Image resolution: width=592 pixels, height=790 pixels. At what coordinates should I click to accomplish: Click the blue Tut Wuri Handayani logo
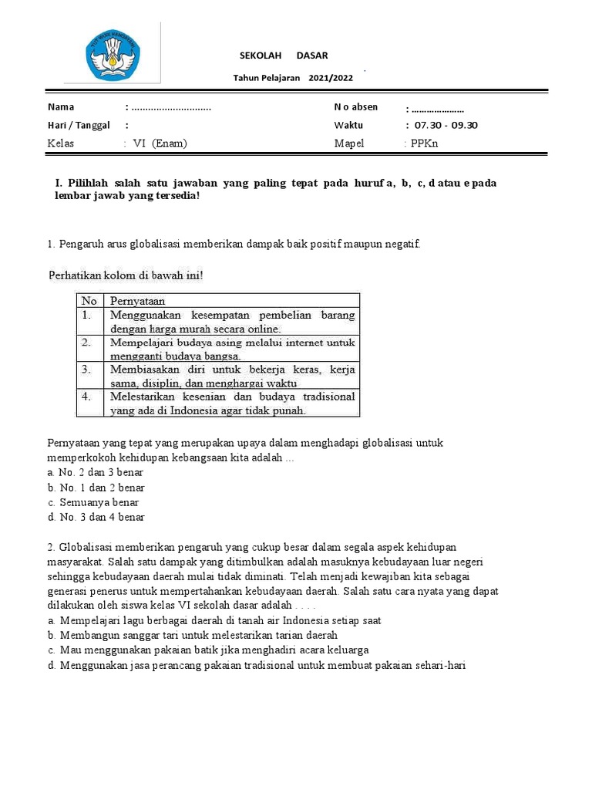point(113,52)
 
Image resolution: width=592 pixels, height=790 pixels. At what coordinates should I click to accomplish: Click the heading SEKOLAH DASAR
point(283,55)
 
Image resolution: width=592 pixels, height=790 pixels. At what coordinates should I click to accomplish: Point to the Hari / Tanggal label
point(79,125)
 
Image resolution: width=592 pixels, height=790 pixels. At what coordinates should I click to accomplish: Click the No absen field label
point(356,107)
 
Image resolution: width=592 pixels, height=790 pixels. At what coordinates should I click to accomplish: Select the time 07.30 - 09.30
point(446,125)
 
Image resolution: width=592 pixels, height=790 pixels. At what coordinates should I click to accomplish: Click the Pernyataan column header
point(138,300)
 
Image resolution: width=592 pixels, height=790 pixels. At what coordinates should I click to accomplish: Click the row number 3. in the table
point(88,370)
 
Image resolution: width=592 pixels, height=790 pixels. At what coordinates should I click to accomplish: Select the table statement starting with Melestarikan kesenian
point(232,403)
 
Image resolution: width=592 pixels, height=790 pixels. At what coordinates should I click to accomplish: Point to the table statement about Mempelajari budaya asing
point(232,349)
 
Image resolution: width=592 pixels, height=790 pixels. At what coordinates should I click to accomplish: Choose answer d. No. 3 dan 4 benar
point(96,517)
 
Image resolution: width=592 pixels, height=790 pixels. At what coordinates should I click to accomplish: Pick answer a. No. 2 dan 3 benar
point(96,473)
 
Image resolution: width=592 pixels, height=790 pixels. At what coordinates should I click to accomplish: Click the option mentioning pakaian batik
point(208,650)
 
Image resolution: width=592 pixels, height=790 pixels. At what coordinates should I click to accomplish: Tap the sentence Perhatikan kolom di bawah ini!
point(126,275)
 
